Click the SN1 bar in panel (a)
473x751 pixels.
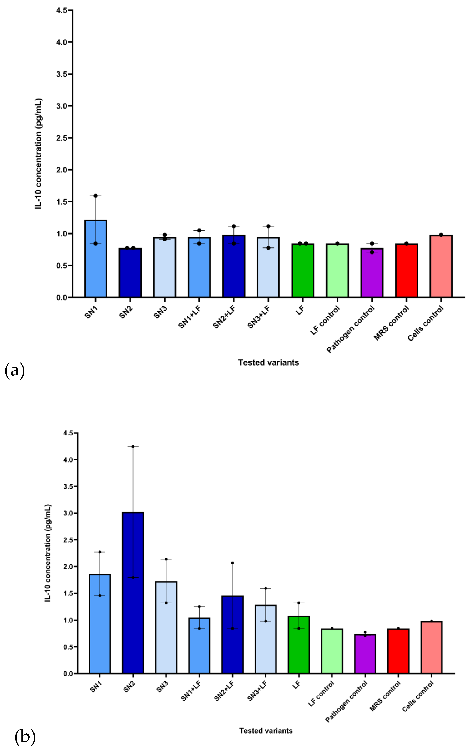coord(96,259)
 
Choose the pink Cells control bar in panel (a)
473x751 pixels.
coord(441,267)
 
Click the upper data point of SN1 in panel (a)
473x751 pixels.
coord(96,196)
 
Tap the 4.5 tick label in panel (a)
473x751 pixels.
coord(62,10)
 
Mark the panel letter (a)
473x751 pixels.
coord(15,371)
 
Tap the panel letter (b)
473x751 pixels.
coord(25,737)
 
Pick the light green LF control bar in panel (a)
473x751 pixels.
coord(337,271)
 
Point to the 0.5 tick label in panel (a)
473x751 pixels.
coord(62,266)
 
